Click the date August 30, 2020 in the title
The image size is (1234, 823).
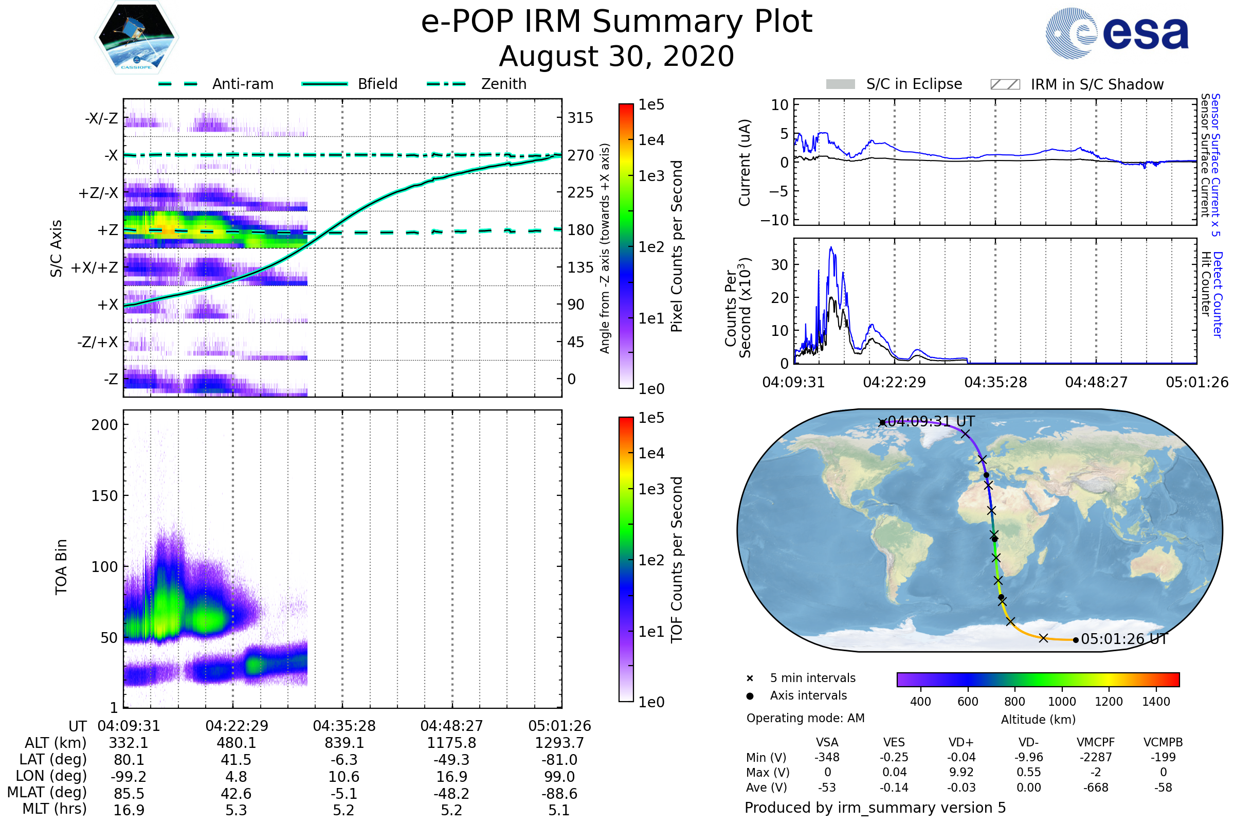click(616, 57)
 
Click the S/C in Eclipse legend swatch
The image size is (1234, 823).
click(840, 84)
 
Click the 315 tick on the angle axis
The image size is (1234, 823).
click(580, 118)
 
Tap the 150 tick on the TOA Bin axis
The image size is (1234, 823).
click(104, 496)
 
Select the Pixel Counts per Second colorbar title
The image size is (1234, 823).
click(677, 246)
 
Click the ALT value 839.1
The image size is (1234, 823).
click(344, 743)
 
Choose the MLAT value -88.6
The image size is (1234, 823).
click(559, 794)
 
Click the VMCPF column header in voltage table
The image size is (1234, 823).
click(1096, 743)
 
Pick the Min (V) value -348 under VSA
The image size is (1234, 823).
click(827, 757)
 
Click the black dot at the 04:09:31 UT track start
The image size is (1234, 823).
click(882, 422)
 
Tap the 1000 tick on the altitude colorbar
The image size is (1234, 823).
click(1062, 702)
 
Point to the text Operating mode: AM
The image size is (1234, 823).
click(805, 718)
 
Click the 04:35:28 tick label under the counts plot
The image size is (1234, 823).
click(995, 382)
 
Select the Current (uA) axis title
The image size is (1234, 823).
click(745, 163)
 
